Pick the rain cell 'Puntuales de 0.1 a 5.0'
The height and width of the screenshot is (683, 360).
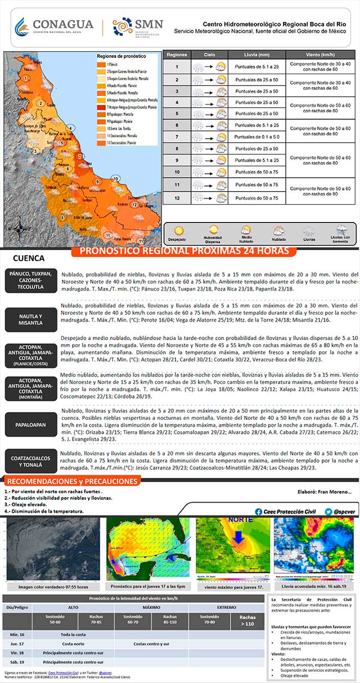click(256, 137)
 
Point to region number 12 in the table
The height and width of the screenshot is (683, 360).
click(177, 198)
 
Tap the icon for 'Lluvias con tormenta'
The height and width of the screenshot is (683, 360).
click(341, 230)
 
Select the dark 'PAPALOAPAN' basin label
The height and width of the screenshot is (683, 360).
click(33, 424)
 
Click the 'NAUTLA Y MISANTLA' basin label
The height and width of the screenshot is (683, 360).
click(33, 320)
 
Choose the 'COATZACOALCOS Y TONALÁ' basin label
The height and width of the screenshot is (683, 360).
click(33, 462)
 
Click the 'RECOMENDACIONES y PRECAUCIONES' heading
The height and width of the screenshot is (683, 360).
click(71, 482)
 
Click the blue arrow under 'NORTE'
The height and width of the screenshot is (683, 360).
click(238, 537)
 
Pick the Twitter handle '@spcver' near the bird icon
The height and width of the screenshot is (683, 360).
click(345, 512)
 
